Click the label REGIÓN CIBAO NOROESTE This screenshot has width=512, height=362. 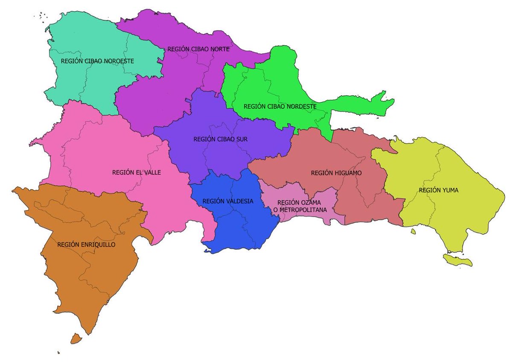pos(97,61)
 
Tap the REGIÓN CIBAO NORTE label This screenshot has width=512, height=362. pos(198,49)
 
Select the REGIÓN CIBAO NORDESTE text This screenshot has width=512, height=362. pos(280,106)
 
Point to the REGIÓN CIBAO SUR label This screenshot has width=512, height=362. pos(221,139)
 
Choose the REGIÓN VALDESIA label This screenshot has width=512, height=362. pos(228,201)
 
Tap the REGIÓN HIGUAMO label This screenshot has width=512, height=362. pos(336,173)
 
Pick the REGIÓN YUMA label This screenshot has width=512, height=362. pos(439,190)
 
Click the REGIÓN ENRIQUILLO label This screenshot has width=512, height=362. pos(86,245)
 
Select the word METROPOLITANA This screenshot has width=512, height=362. pos(305,210)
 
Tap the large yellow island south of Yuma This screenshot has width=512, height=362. pos(458,260)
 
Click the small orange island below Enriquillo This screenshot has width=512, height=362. pos(76,339)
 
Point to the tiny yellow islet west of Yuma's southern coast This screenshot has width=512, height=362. pos(413,231)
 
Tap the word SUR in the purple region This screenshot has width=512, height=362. pos(242,139)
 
